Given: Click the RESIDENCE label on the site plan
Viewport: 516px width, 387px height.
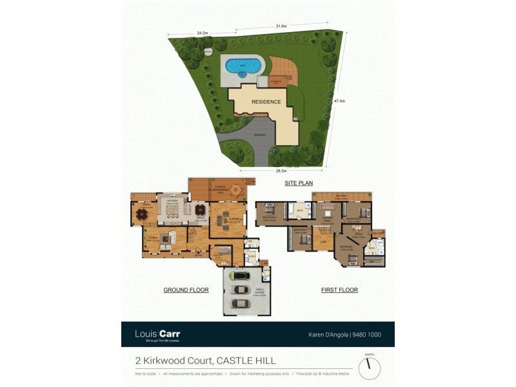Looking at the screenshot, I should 266,102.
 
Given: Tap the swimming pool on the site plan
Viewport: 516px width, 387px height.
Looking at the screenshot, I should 243,65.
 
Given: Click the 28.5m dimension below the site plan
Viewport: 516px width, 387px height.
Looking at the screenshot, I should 281,171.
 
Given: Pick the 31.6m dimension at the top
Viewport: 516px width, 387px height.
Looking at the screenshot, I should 281,26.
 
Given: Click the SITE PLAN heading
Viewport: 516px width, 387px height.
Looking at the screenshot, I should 299,183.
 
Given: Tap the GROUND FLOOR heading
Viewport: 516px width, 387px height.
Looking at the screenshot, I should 186,290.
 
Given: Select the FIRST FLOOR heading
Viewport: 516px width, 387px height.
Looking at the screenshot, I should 339,290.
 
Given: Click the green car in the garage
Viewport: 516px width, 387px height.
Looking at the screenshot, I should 241,275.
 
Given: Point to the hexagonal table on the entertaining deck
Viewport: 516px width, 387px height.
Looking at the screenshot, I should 236,190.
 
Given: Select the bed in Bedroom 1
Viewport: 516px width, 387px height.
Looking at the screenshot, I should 353,260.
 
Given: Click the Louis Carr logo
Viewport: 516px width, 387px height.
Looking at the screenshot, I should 157,334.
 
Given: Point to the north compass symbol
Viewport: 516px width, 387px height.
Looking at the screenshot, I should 370,367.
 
